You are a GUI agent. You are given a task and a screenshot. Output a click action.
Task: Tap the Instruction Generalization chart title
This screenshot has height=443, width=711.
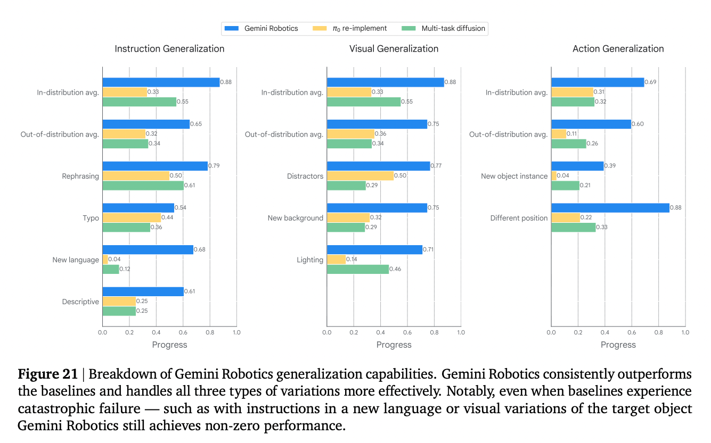point(169,49)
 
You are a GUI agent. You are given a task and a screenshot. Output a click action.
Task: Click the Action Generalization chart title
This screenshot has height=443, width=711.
point(618,49)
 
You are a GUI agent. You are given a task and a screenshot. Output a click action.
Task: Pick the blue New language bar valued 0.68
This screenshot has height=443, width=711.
point(148,249)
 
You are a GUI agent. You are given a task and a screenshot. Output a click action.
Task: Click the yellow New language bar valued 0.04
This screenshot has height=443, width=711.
point(105,260)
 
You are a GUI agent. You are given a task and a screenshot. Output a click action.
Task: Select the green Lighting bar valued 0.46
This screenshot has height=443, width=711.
point(357,269)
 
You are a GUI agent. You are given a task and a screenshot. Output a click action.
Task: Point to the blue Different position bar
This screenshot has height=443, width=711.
point(610,207)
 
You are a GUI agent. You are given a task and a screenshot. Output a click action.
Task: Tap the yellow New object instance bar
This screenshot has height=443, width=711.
point(554,175)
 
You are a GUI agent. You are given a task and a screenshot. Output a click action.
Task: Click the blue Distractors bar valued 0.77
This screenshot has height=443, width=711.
point(378,166)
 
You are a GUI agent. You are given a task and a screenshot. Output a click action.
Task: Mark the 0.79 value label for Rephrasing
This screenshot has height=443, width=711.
point(214,165)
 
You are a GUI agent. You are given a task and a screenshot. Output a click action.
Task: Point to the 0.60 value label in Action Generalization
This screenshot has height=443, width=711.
point(638,124)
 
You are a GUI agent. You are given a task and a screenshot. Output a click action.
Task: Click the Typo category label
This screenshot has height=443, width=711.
point(91,218)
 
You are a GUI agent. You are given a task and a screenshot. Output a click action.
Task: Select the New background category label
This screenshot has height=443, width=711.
point(295,218)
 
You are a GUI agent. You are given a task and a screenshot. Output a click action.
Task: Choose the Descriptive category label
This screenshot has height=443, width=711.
point(80,302)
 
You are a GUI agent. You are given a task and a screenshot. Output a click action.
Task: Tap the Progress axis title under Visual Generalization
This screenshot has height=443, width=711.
point(394,345)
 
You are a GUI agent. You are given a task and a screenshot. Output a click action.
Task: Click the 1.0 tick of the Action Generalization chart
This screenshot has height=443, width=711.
point(685,332)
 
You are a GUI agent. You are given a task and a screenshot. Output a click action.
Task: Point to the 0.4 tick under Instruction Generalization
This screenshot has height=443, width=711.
point(156,332)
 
